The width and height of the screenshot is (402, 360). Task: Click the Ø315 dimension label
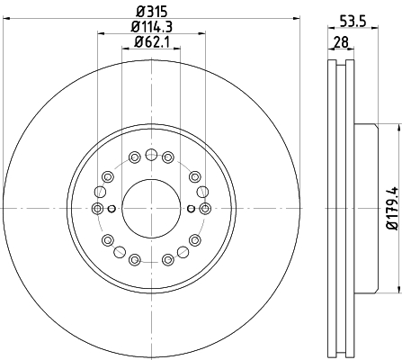click(151, 12)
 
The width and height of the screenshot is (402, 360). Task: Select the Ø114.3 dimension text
click(152, 27)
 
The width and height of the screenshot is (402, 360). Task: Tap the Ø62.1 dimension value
click(152, 41)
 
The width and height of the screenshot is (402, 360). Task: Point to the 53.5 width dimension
click(353, 22)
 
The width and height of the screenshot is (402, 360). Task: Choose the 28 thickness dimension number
click(341, 41)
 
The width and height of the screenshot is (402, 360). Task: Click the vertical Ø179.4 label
click(393, 208)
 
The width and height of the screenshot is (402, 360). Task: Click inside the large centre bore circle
click(151, 209)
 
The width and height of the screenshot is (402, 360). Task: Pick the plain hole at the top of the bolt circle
click(151, 155)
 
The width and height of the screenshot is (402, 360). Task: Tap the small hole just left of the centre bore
click(112, 209)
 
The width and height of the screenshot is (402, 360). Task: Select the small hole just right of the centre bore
click(191, 209)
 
